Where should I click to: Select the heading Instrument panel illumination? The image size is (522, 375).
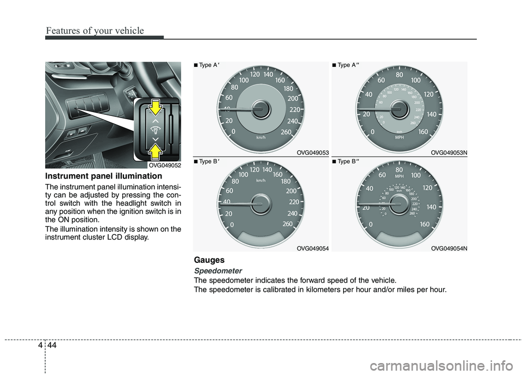click(x=103, y=176)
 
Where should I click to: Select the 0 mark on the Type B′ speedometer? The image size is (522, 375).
click(x=233, y=225)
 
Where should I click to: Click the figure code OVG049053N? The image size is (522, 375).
click(x=449, y=153)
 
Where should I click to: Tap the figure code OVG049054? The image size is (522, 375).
click(x=312, y=248)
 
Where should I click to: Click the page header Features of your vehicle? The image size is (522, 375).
click(x=95, y=30)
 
